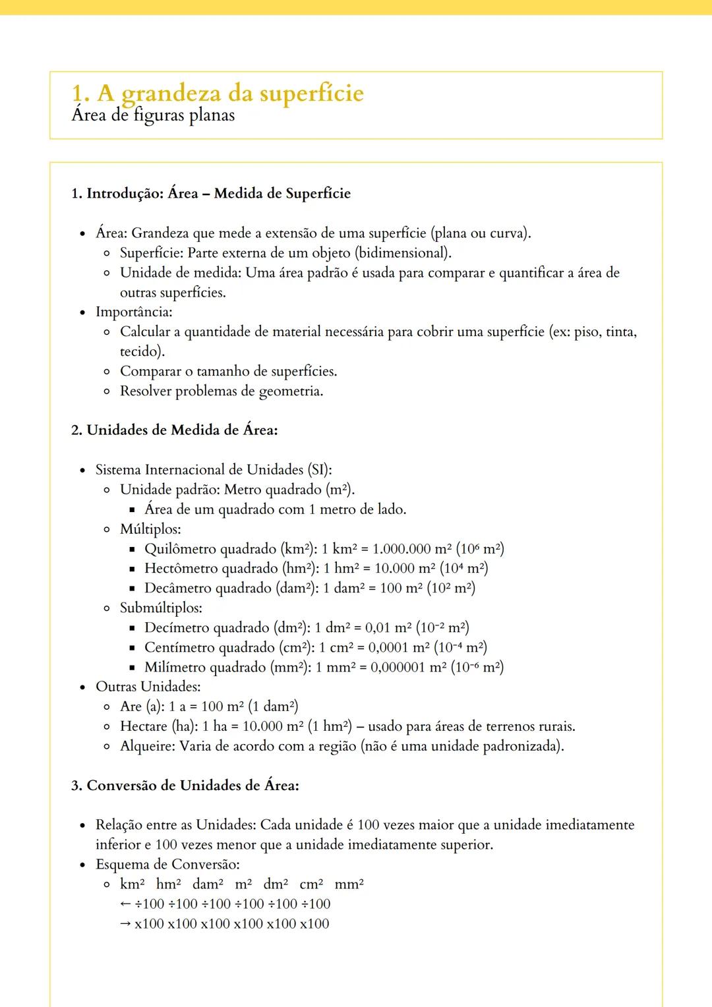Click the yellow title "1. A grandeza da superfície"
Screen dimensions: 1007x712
point(217,94)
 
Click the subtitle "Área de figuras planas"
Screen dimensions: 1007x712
point(153,116)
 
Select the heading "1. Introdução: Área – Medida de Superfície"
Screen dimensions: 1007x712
point(211,194)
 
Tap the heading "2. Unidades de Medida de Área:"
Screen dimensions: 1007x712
point(174,430)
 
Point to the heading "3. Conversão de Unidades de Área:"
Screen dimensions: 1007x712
point(185,786)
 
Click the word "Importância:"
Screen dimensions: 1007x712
point(134,312)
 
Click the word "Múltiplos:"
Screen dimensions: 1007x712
point(150,529)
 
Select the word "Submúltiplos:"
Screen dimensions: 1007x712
point(161,608)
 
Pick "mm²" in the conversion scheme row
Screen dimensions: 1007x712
point(349,884)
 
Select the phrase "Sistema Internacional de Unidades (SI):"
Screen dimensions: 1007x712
point(214,470)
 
